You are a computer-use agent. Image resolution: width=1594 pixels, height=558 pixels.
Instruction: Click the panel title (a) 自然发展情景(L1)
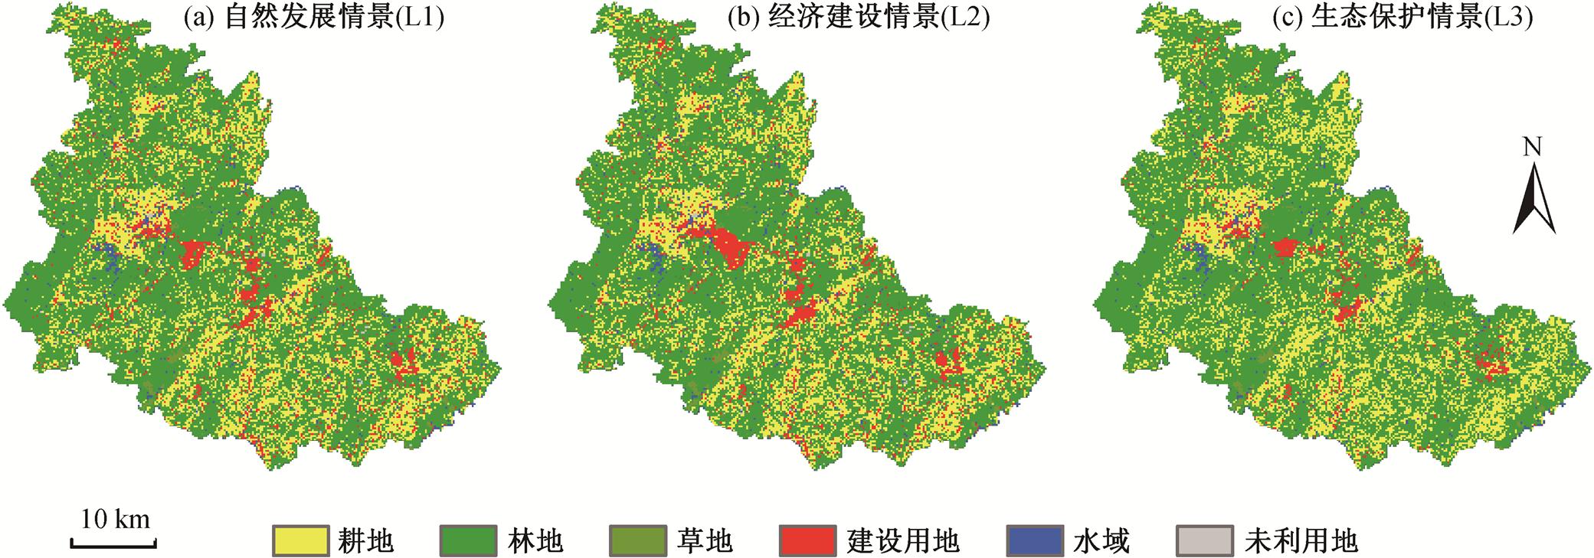tap(314, 18)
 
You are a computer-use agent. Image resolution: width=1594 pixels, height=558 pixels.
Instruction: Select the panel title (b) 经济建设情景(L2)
tap(859, 18)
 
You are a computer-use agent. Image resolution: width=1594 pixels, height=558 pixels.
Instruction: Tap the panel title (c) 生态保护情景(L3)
tap(1402, 18)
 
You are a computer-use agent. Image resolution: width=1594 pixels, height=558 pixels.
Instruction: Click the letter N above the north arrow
tap(1532, 147)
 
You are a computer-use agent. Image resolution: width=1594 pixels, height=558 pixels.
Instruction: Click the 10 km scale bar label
tap(115, 520)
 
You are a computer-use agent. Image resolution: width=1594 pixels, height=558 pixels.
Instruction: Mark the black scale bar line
tap(114, 544)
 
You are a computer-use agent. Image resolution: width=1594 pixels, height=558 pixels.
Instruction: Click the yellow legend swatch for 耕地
tap(299, 540)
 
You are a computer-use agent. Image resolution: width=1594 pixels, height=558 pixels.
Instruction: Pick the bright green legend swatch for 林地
tap(468, 540)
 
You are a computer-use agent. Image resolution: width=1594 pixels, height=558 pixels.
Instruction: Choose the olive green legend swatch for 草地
tap(638, 540)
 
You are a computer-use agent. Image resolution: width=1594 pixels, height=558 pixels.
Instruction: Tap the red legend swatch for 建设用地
tap(807, 540)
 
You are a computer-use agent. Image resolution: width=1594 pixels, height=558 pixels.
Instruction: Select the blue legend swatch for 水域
tap(1035, 540)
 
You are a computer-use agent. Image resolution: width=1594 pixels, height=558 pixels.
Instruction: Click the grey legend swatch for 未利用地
tap(1204, 540)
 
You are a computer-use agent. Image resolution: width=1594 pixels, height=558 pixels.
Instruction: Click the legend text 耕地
tap(366, 541)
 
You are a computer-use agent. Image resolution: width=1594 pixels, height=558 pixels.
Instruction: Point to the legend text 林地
tap(535, 541)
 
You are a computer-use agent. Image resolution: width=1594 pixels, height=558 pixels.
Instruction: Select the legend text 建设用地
tap(903, 541)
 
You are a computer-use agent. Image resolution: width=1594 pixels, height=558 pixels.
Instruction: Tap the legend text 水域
tap(1101, 541)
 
